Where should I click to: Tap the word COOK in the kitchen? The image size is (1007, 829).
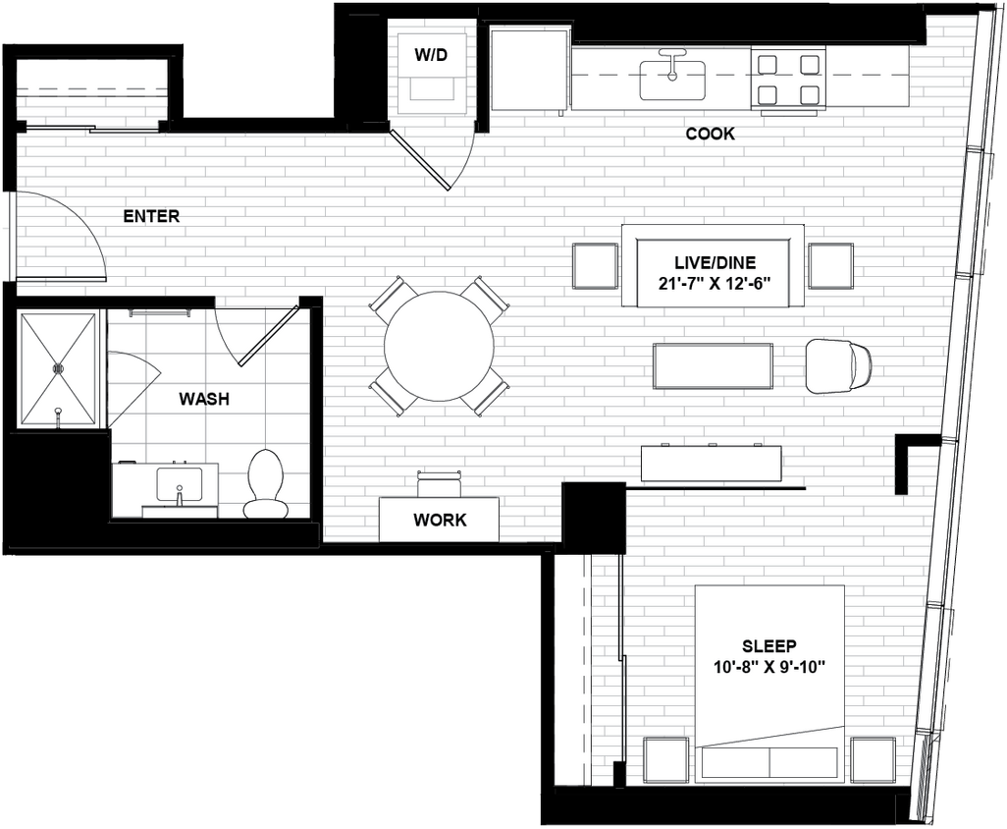[710, 134]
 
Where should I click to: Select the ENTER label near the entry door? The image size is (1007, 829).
[151, 216]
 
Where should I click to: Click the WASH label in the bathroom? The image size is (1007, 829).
[204, 399]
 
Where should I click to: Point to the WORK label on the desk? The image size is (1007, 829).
[440, 520]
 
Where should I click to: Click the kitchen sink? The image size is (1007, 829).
[672, 80]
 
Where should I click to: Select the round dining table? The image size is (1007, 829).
[439, 346]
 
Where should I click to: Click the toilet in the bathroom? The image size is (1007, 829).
[266, 482]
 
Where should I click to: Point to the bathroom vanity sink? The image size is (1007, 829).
[180, 484]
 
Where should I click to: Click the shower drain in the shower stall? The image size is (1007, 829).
[58, 368]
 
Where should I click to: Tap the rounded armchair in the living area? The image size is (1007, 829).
[837, 365]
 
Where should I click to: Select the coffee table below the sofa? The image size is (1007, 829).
[713, 365]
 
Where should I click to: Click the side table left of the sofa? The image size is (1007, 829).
[595, 265]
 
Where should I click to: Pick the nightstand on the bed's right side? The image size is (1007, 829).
[873, 759]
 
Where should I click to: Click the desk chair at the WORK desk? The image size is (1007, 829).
[439, 483]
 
